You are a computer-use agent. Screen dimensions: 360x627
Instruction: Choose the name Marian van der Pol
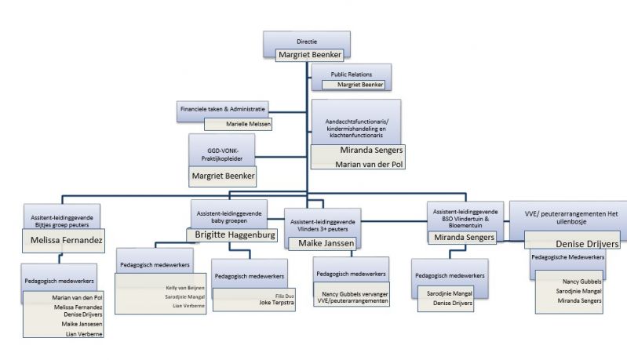(359, 163)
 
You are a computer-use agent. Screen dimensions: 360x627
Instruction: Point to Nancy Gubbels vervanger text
(352, 293)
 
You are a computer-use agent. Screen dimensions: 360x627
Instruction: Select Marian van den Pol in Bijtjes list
(76, 297)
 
